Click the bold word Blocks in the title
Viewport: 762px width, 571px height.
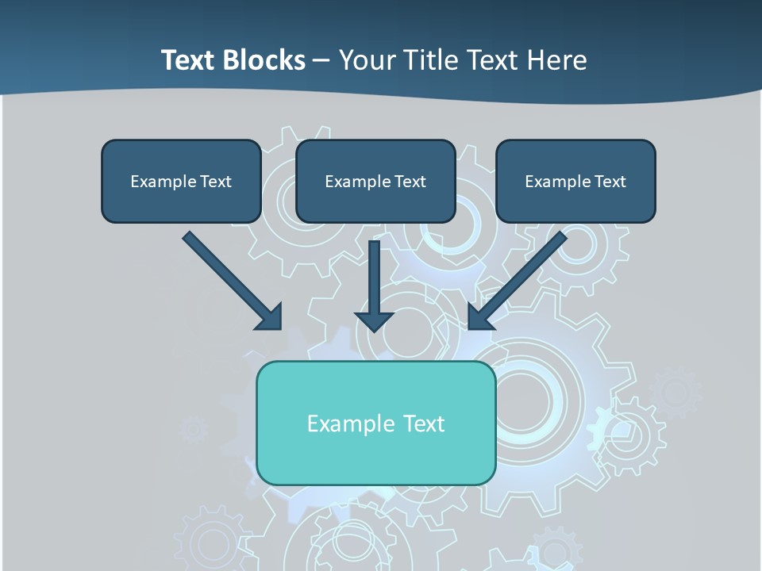pos(266,60)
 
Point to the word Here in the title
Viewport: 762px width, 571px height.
pos(558,60)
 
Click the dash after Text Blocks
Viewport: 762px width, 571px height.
pos(321,61)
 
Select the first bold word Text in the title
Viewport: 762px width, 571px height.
pos(190,60)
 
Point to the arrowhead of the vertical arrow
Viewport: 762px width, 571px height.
pos(374,320)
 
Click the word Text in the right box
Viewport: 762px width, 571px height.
pos(610,182)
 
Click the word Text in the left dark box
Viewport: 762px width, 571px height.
pos(215,182)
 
